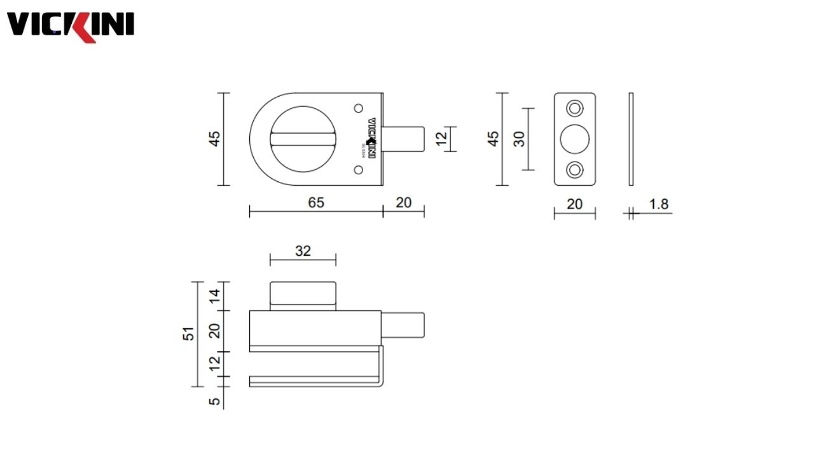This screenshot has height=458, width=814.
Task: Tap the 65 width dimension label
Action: tap(316, 202)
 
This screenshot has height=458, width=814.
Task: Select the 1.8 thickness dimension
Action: tap(659, 204)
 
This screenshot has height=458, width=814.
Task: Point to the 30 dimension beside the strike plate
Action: tap(520, 139)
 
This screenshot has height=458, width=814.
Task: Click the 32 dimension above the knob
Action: tap(303, 251)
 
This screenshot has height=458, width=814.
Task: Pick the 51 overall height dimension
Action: tap(189, 333)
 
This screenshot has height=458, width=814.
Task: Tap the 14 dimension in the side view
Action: tap(215, 296)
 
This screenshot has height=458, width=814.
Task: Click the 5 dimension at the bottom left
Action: tap(215, 401)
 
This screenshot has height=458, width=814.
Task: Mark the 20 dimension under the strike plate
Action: tap(574, 204)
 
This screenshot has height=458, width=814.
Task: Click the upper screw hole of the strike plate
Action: tap(575, 109)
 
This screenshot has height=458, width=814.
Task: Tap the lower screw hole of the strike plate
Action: tap(575, 170)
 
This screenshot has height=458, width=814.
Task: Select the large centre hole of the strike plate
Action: tap(575, 139)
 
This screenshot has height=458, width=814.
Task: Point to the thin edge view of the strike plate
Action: tap(631, 139)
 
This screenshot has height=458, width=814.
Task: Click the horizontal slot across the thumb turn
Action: tap(302, 139)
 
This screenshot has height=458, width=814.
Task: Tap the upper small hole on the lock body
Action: tap(358, 109)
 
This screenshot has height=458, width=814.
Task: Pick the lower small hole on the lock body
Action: tap(358, 169)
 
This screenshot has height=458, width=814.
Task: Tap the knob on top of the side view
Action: tap(303, 295)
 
